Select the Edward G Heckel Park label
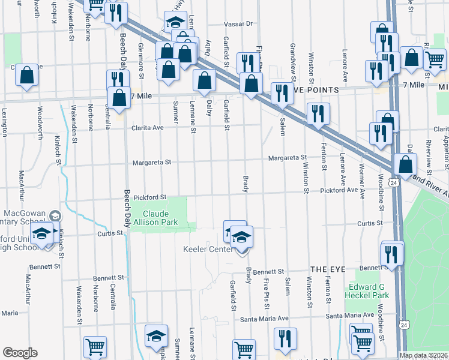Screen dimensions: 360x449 coord(369,291)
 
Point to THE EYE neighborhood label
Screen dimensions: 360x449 coord(327,270)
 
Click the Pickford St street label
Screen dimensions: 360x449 coord(149,197)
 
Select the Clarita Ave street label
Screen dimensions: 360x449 coord(149,128)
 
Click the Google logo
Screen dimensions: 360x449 coord(20,353)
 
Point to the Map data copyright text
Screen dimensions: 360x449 coord(423,355)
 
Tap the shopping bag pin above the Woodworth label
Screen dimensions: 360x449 coord(27,76)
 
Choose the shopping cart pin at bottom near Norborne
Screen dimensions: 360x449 coord(95,347)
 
